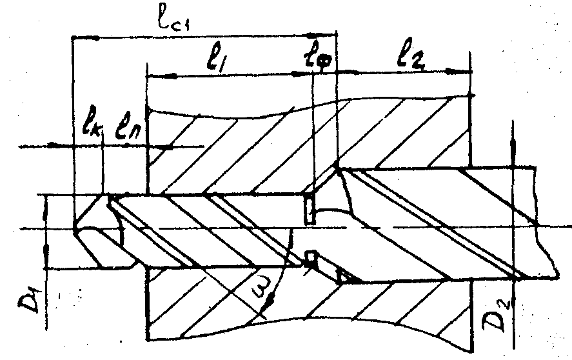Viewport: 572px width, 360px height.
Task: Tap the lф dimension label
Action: pos(319,60)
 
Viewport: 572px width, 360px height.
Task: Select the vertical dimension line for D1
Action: pos(47,232)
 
